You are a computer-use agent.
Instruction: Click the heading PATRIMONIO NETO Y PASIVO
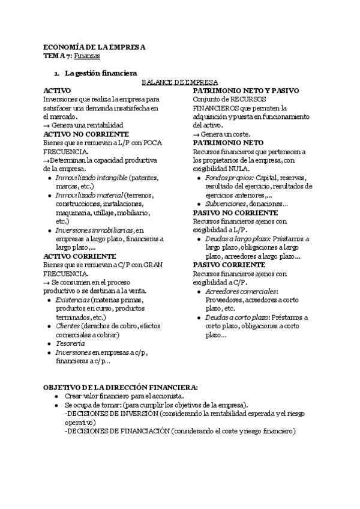point(246,90)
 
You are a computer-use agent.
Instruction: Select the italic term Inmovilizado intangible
point(91,178)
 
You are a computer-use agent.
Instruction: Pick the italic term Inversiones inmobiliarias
point(94,230)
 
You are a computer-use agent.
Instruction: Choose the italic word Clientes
point(68,325)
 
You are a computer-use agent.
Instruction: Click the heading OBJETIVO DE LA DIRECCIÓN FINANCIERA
point(121,387)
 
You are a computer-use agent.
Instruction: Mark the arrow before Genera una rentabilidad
point(46,125)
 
